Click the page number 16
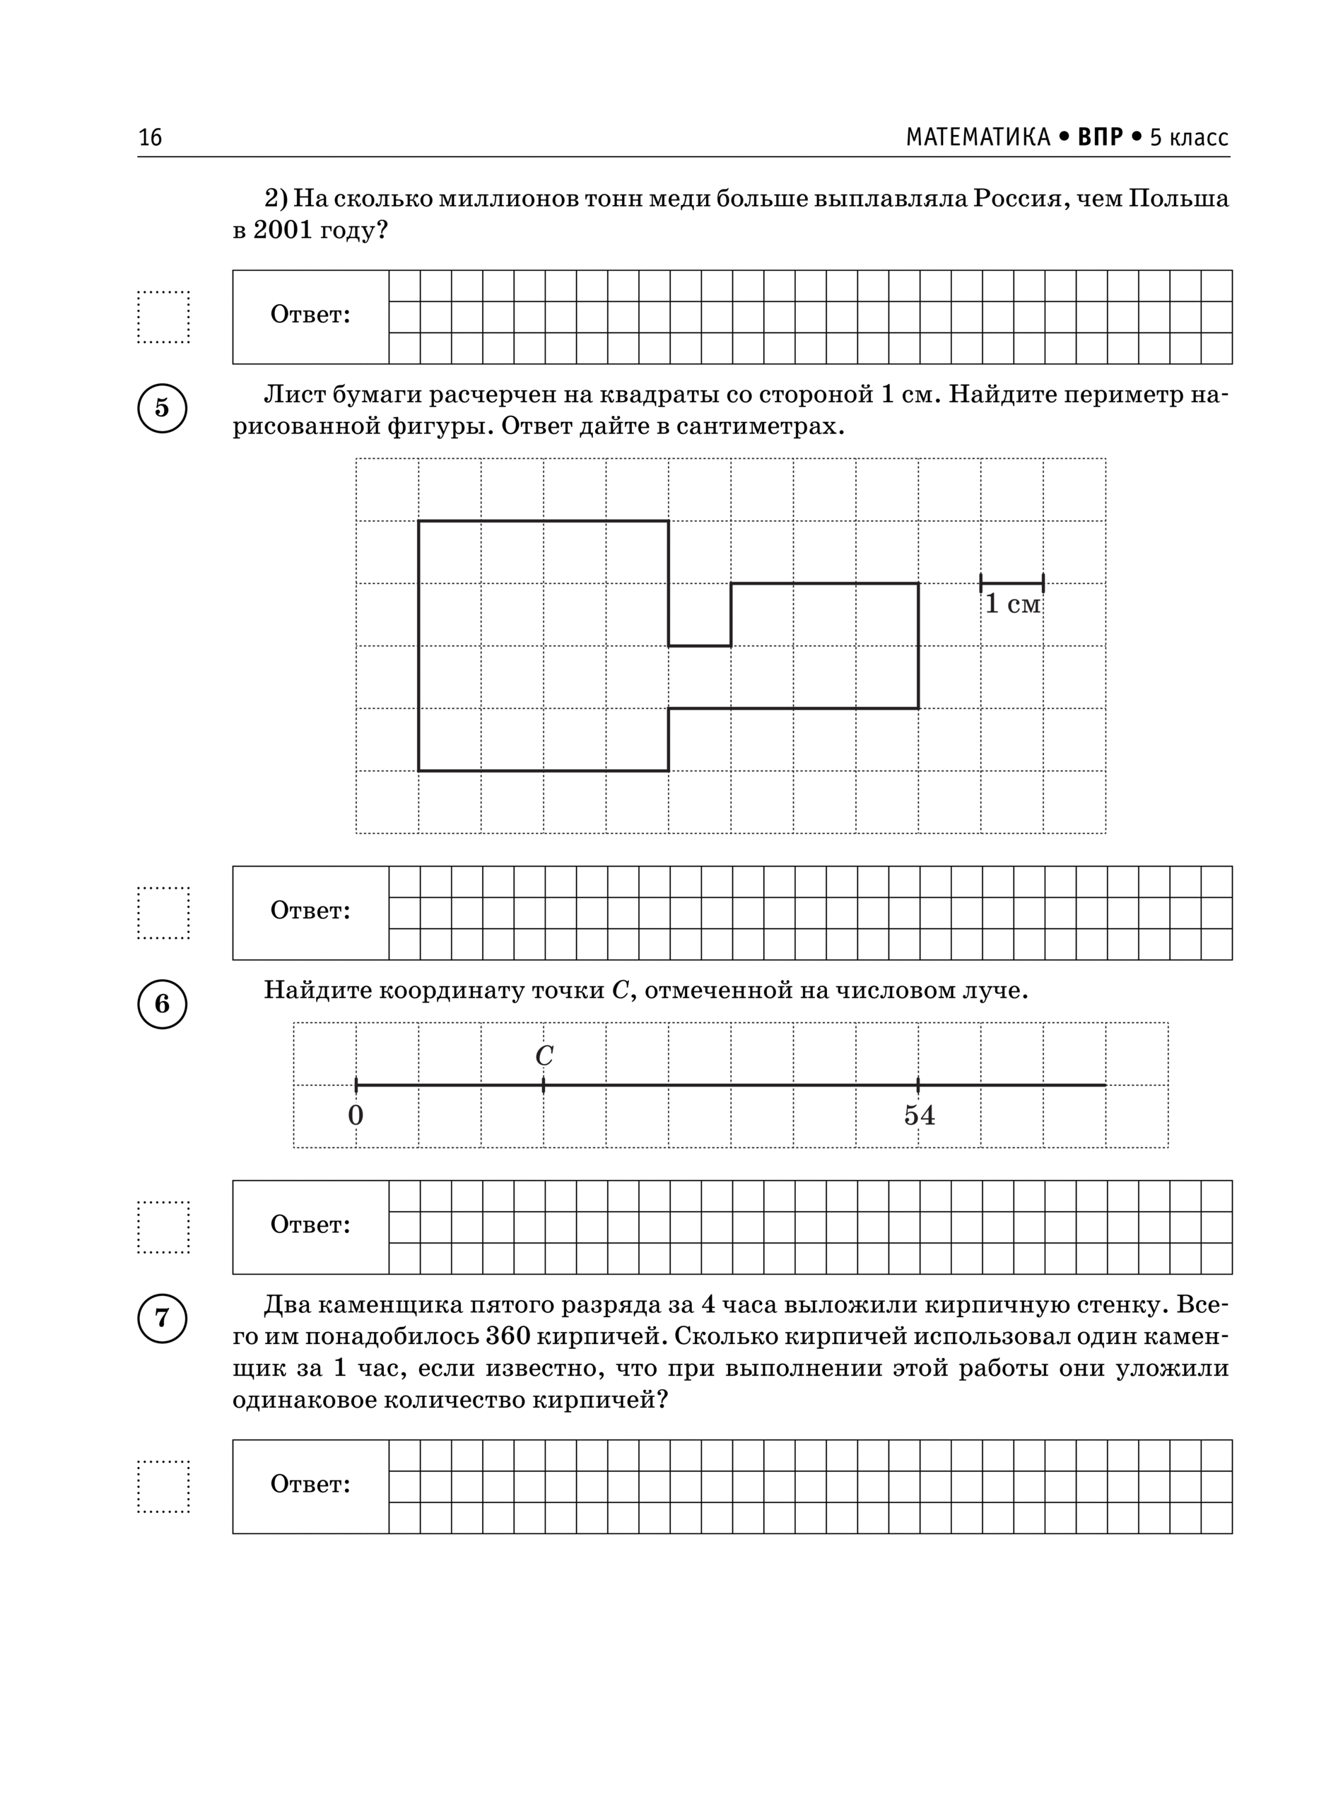tap(151, 137)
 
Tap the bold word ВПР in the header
tap(1100, 137)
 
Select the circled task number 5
tap(162, 407)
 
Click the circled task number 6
tap(162, 1004)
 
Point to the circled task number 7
tap(162, 1318)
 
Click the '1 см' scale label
tap(1012, 604)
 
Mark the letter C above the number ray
tap(544, 1055)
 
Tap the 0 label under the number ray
tap(356, 1116)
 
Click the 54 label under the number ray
tap(920, 1116)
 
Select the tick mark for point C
tap(543, 1085)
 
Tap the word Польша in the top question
tap(1178, 199)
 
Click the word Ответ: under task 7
tap(310, 1485)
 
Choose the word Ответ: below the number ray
tap(310, 1225)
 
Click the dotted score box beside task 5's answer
tap(163, 913)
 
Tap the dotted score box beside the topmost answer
tap(163, 317)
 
